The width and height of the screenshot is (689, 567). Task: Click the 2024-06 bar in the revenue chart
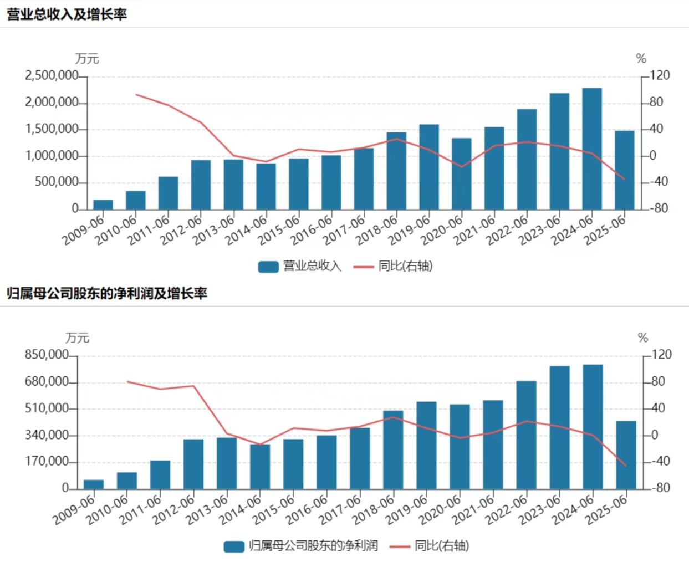click(x=592, y=149)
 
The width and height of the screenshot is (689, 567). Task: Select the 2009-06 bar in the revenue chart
click(x=103, y=205)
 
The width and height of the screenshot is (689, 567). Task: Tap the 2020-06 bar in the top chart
click(x=462, y=173)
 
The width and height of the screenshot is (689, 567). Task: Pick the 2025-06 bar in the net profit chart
click(x=626, y=455)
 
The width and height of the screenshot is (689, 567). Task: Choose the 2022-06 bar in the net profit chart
click(x=526, y=435)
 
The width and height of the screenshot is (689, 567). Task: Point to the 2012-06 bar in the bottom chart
click(x=193, y=464)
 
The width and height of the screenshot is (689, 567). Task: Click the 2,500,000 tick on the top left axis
click(x=51, y=75)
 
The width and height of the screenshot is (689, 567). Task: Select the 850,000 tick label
click(x=46, y=355)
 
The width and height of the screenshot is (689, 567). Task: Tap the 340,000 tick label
click(x=46, y=435)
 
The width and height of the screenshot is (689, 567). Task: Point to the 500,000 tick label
click(x=56, y=182)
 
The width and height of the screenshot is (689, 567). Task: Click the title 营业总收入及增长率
click(x=67, y=14)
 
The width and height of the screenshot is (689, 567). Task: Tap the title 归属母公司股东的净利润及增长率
click(x=106, y=293)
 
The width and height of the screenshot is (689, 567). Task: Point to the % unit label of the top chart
click(x=641, y=59)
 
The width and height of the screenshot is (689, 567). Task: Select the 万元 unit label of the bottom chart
click(x=77, y=338)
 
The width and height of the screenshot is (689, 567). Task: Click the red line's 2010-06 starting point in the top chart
click(x=136, y=95)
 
